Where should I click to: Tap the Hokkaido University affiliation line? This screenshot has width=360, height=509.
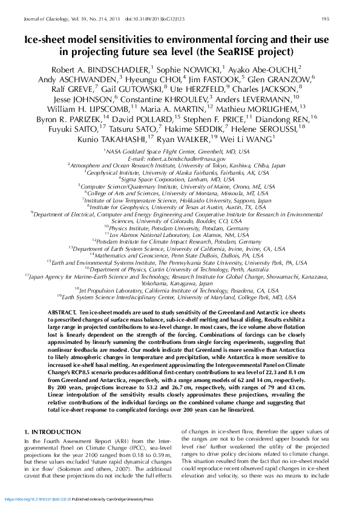178,200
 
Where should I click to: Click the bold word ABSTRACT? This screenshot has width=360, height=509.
60,310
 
